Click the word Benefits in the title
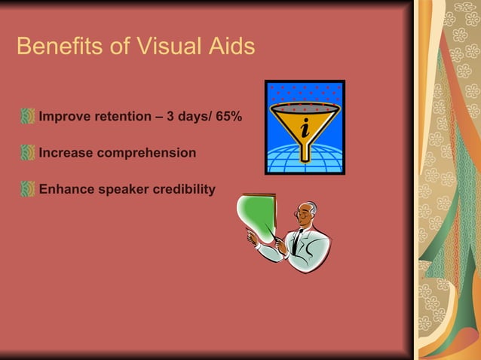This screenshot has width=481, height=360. (x=57, y=47)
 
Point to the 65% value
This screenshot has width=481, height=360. (x=228, y=117)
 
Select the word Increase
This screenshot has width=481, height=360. (x=66, y=153)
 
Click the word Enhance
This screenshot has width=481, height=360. (x=66, y=188)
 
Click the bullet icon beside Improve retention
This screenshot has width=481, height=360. (x=28, y=117)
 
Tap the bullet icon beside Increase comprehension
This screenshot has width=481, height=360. (x=28, y=153)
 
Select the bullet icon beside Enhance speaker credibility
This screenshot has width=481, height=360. (x=28, y=188)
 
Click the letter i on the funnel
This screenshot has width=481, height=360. (x=305, y=129)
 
